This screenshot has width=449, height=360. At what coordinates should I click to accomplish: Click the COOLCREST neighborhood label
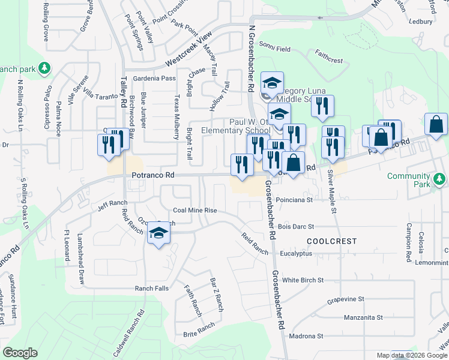click(x=332, y=241)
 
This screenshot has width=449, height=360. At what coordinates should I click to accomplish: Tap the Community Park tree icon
click(x=441, y=179)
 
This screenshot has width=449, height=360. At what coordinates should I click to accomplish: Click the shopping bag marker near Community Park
click(x=435, y=125)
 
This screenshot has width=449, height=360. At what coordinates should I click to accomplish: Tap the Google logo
click(x=20, y=353)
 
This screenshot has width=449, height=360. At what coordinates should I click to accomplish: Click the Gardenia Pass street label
click(x=155, y=79)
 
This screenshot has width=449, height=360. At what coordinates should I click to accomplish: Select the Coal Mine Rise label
click(x=194, y=211)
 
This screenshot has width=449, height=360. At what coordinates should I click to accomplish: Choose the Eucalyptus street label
click(x=297, y=254)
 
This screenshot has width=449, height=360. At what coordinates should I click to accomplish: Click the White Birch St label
click(x=303, y=280)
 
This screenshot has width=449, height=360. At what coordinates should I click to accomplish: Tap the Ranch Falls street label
click(x=151, y=289)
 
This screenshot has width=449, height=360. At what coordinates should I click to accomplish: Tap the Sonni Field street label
click(x=274, y=46)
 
